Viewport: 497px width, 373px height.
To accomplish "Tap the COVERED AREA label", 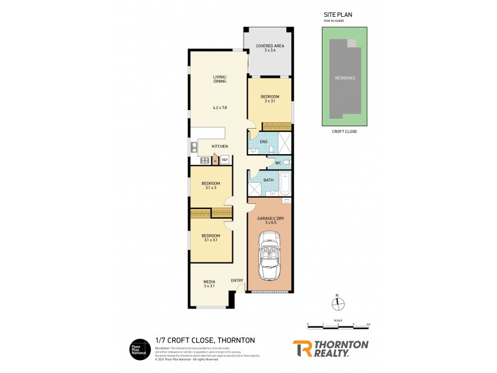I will coord(269,45).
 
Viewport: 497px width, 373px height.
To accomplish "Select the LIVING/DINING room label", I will coord(220,79).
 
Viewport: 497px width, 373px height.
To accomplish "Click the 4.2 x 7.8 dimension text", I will coord(220,108).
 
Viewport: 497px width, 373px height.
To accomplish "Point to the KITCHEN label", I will coord(220,147).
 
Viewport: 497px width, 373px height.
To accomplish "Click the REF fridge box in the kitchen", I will coord(224,160).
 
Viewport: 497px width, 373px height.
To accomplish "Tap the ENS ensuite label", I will coord(263,142).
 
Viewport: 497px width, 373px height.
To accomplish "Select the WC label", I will coord(270,163).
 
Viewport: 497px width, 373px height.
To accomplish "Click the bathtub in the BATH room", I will coord(285,183).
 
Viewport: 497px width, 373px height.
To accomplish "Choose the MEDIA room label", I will coord(209,282).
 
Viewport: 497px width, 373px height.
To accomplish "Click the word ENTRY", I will coord(237,280).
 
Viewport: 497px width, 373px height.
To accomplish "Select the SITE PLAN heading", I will coord(336,14).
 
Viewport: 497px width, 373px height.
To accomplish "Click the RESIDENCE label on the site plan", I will coord(345,78).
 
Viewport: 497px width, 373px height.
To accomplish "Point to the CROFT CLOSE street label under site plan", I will coord(345,132).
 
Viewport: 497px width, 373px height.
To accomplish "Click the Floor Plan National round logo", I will coord(139,349).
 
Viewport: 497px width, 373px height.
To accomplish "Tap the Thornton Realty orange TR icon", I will coord(302,348).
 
